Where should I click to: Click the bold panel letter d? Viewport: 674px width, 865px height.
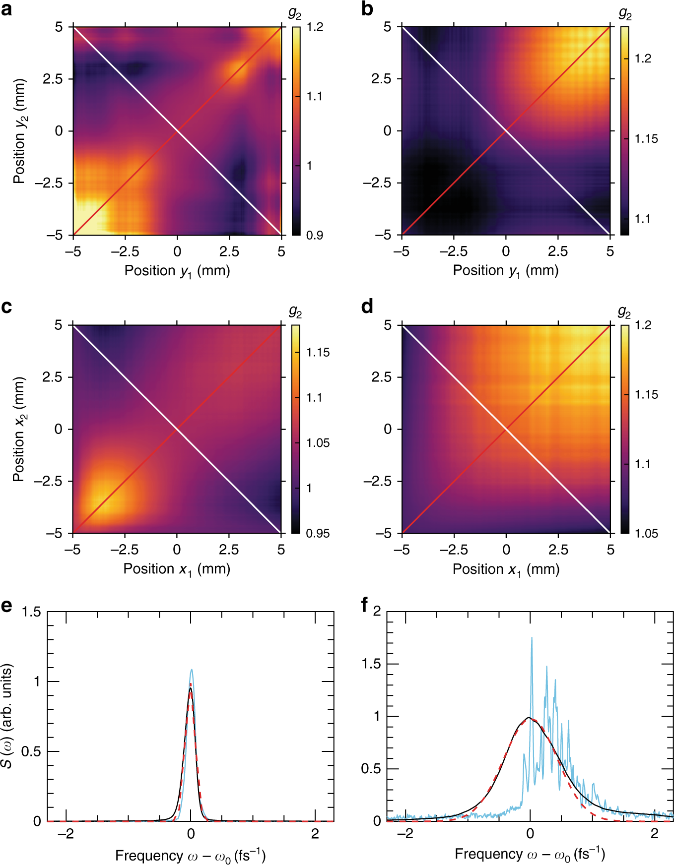pos(367,307)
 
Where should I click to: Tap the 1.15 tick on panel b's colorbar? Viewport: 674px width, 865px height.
pos(646,139)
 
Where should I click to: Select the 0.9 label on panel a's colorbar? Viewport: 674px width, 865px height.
pos(315,235)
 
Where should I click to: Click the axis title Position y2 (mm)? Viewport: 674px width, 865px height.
pos(20,131)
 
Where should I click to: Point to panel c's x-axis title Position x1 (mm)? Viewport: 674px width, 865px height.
pos(177,569)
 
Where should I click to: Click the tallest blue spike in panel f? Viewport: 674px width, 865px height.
pos(532,638)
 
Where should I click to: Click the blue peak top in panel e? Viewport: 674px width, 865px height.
pos(191,670)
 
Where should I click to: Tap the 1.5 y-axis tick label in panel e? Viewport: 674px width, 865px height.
pos(31,612)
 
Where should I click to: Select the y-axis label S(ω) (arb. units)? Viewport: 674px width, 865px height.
pos(7,716)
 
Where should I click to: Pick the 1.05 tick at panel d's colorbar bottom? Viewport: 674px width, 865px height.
pos(646,534)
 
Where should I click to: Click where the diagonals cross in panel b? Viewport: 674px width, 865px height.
pos(506,130)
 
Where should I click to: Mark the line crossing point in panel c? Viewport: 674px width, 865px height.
pos(177,429)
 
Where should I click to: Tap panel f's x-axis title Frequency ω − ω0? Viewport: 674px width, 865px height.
pos(530,854)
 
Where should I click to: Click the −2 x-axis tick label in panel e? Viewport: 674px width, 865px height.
pos(66,834)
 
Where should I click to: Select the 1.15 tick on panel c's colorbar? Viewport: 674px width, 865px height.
pos(318,353)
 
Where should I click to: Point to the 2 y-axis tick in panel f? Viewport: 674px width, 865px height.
pos(377,611)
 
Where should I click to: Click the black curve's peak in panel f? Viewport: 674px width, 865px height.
pos(529,718)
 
